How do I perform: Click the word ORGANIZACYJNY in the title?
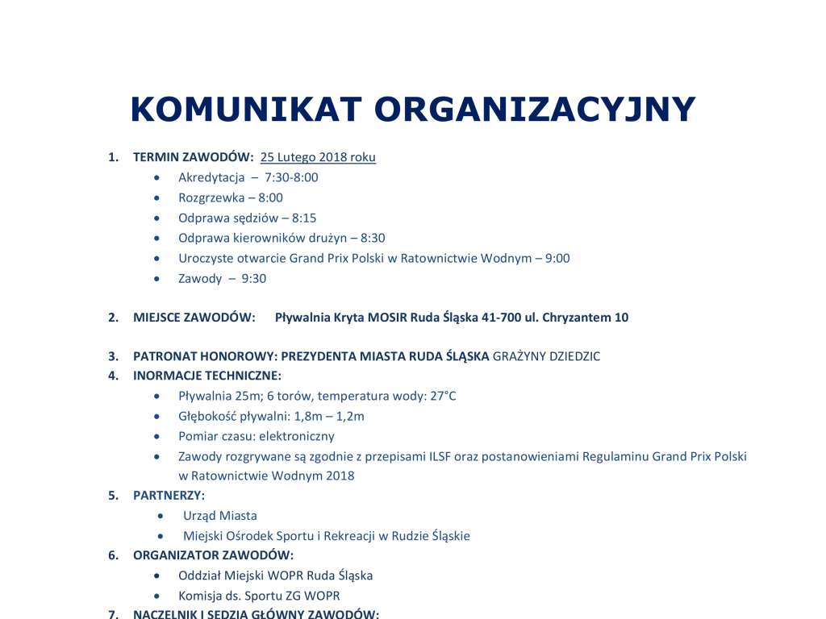click(x=535, y=110)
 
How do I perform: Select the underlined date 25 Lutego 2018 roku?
click(x=318, y=157)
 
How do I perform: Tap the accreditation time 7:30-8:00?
click(x=291, y=177)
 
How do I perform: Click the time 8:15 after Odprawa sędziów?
click(x=304, y=218)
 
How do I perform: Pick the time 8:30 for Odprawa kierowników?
click(x=373, y=238)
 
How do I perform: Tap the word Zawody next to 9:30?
click(x=200, y=278)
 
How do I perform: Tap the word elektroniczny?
click(x=298, y=436)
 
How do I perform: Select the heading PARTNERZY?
click(x=169, y=495)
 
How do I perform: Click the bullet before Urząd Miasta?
click(x=165, y=516)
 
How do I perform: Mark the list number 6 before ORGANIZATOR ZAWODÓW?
click(x=113, y=555)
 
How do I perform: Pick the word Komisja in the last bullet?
click(x=200, y=596)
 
